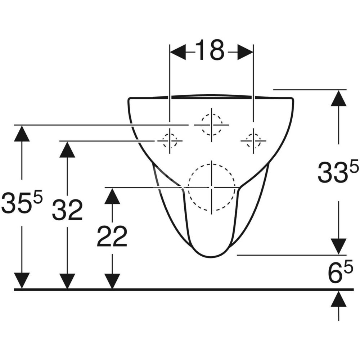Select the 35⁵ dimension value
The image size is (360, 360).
click(22, 203)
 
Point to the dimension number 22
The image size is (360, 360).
click(112, 237)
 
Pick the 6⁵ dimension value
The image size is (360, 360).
click(338, 273)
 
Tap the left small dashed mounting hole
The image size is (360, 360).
click(170, 140)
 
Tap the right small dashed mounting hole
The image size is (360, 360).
click(253, 140)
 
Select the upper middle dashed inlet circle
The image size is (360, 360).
click(212, 125)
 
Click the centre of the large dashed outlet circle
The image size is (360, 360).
click(212, 187)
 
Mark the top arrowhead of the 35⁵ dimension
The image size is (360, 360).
click(22, 134)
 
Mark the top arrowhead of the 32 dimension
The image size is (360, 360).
click(67, 149)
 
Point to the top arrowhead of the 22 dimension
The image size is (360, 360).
click(112, 196)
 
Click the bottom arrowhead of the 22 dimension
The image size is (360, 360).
click(112, 281)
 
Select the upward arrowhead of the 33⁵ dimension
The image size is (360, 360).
click(338, 98)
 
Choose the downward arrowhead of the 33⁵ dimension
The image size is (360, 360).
click(338, 246)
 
